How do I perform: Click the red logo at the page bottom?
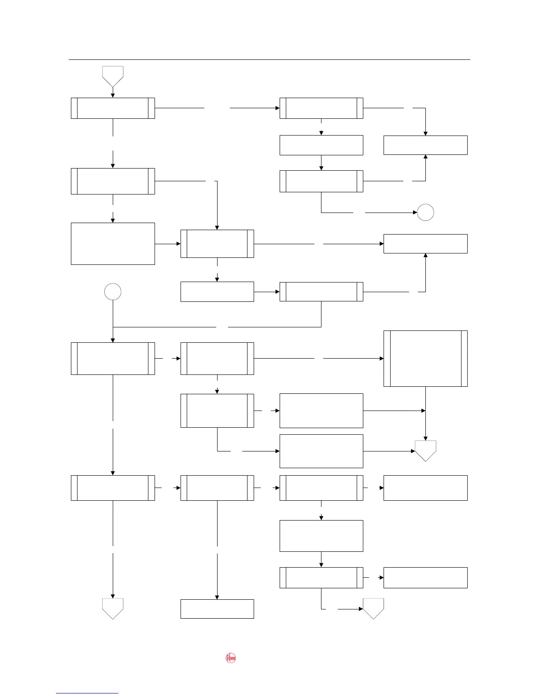click(x=231, y=658)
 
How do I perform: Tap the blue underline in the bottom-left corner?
click(x=87, y=693)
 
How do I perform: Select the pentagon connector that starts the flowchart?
click(x=113, y=76)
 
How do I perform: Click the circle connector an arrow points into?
click(x=425, y=213)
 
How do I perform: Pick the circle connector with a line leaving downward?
click(x=113, y=292)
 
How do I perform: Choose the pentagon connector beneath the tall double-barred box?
click(x=425, y=450)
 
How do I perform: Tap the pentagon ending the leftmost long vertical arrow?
click(x=113, y=608)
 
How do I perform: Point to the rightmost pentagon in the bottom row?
click(x=373, y=608)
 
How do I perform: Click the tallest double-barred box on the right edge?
click(x=425, y=359)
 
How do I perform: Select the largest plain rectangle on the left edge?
click(x=113, y=244)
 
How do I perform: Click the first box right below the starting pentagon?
click(x=113, y=108)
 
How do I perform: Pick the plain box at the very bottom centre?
click(x=217, y=609)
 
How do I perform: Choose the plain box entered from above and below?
click(x=425, y=145)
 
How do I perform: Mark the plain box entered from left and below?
click(x=425, y=244)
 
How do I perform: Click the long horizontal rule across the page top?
click(x=269, y=59)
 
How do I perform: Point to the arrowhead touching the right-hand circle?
click(x=415, y=213)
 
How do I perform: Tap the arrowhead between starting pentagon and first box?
click(x=113, y=95)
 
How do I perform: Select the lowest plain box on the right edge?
click(x=425, y=578)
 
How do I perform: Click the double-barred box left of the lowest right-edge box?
click(x=321, y=578)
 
